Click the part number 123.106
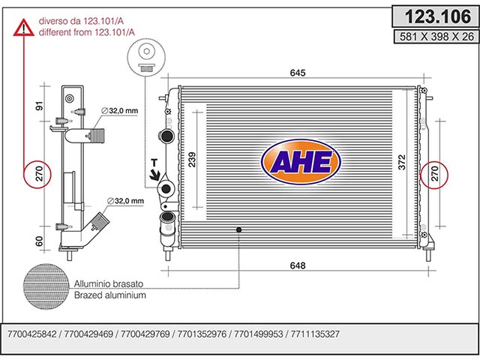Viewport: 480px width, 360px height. point(438,16)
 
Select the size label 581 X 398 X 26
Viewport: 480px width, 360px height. point(436,37)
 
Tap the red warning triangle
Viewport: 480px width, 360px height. point(23,27)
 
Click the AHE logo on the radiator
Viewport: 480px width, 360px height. point(301,162)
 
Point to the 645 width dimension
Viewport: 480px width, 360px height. point(298,73)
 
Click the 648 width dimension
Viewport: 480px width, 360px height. point(298,265)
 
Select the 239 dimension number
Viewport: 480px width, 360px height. point(192,160)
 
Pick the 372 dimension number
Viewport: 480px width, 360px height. point(401,162)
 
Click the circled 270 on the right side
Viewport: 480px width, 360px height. point(434,175)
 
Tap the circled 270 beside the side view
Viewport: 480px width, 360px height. point(37,174)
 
